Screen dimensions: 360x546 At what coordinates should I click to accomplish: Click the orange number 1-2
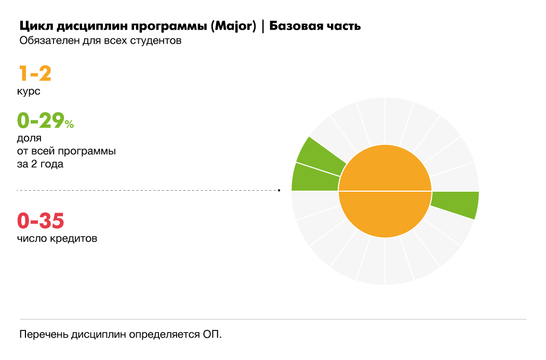click(35, 73)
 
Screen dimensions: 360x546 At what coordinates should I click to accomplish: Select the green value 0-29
click(41, 121)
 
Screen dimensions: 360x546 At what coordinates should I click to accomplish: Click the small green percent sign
click(70, 124)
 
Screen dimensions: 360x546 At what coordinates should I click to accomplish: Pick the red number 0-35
click(41, 221)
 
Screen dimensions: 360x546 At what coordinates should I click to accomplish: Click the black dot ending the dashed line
click(279, 191)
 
